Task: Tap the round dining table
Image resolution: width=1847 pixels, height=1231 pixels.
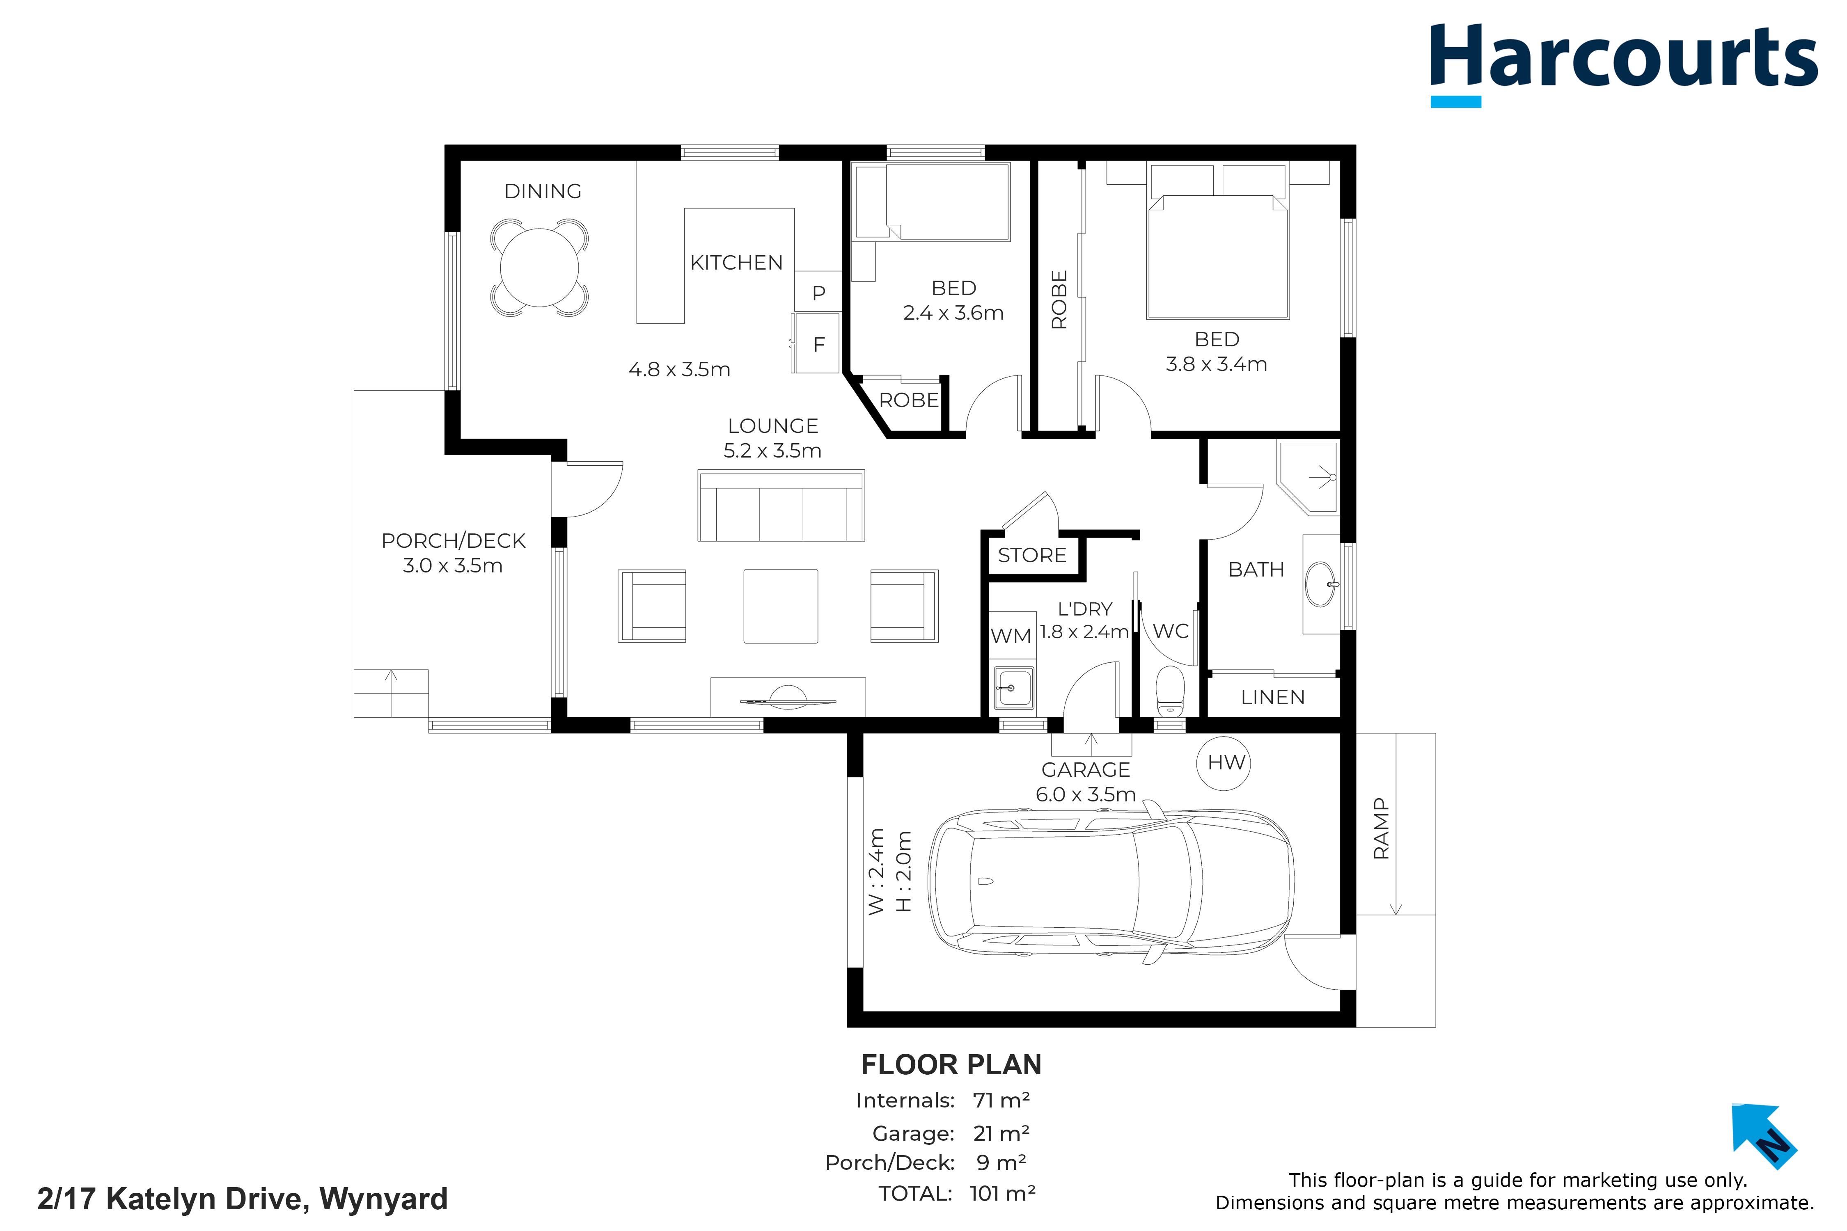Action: pyautogui.click(x=539, y=267)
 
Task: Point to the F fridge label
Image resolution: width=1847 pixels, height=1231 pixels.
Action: pyautogui.click(x=819, y=345)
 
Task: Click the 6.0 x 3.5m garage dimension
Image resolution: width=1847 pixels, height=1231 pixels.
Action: pyautogui.click(x=1085, y=794)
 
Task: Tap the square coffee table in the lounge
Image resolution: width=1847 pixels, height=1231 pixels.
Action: pyautogui.click(x=781, y=606)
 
